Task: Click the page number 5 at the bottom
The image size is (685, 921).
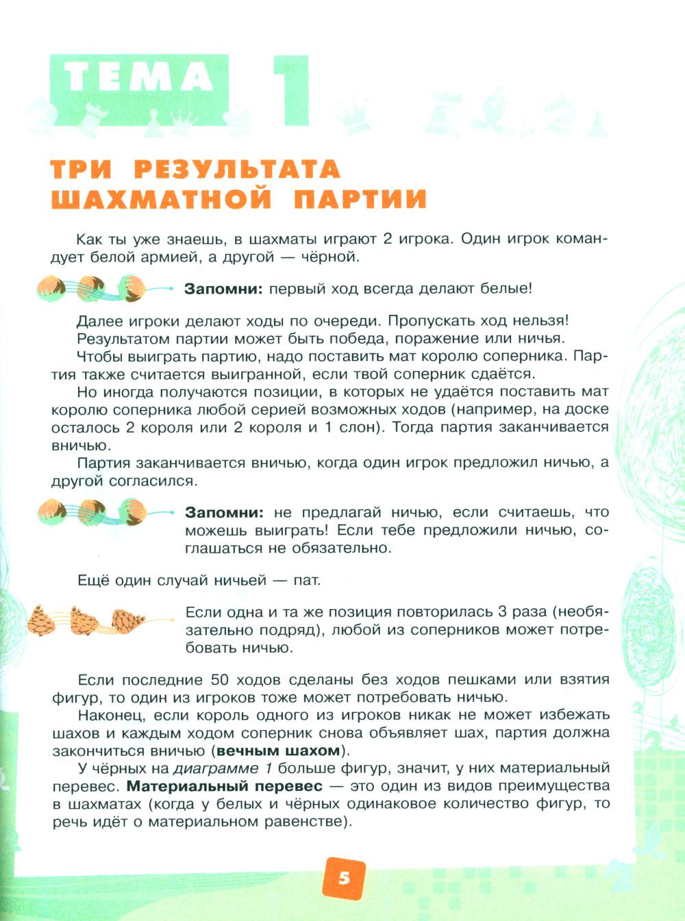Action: pyautogui.click(x=344, y=877)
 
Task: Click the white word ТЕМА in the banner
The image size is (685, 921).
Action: pyautogui.click(x=140, y=77)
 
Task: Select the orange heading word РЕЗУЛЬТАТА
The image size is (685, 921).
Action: pyautogui.click(x=237, y=170)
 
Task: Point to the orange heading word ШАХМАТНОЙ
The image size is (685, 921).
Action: pyautogui.click(x=162, y=199)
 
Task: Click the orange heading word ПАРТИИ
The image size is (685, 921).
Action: pyautogui.click(x=360, y=199)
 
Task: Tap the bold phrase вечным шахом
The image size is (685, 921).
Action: pyautogui.click(x=278, y=751)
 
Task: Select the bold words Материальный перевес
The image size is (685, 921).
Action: pyautogui.click(x=225, y=786)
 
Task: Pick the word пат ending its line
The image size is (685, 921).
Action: pyautogui.click(x=306, y=580)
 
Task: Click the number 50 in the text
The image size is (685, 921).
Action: pyautogui.click(x=220, y=679)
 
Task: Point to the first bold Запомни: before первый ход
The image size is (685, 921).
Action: pyautogui.click(x=223, y=289)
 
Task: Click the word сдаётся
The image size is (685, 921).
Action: pyautogui.click(x=503, y=374)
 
